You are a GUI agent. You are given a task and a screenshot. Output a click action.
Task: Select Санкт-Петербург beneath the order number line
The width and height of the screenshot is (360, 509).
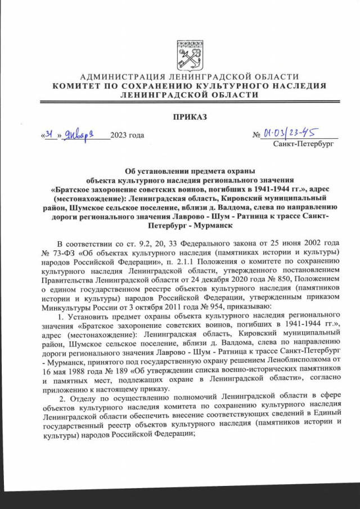pos(304,145)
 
